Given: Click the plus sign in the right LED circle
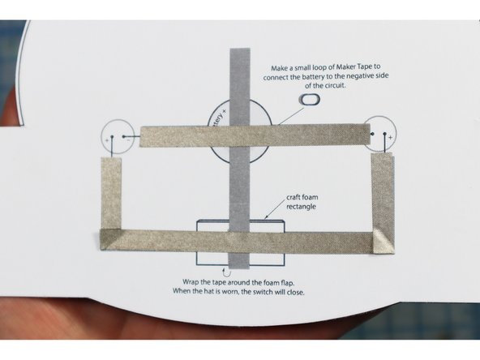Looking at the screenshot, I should click(x=390, y=138).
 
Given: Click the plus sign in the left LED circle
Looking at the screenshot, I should click(x=106, y=139).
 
